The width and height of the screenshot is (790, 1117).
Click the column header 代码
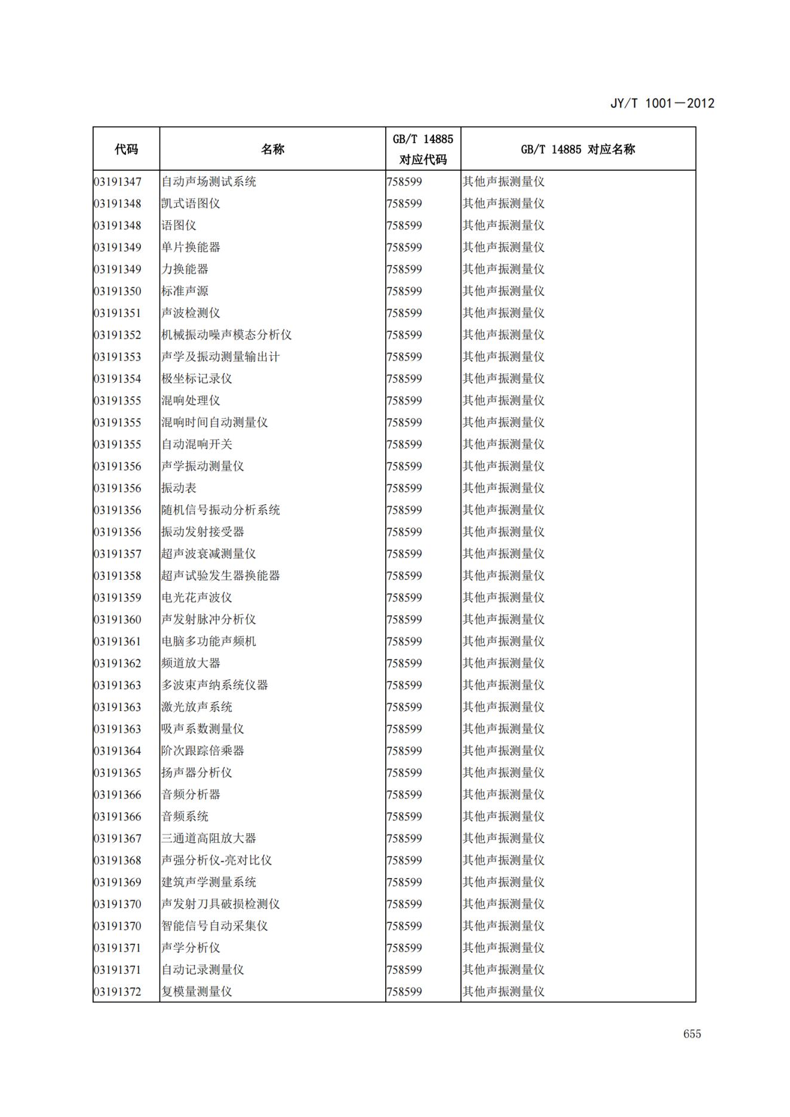tap(126, 149)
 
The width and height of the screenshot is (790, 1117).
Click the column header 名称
tap(272, 149)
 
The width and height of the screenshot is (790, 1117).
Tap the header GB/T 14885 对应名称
tap(577, 149)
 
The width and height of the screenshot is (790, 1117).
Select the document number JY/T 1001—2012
tap(662, 103)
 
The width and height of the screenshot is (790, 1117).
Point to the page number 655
tap(692, 1034)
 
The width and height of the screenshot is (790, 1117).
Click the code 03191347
tap(118, 181)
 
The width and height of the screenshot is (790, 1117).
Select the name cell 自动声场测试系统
tap(208, 181)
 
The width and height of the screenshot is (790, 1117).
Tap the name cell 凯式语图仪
tap(190, 204)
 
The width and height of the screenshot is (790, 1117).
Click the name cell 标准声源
tap(185, 291)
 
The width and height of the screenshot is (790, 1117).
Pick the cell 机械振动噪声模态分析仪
tap(226, 335)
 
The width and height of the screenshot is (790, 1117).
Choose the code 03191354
tap(118, 379)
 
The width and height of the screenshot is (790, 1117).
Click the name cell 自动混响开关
tap(196, 444)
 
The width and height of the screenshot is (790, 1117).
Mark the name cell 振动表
tap(179, 488)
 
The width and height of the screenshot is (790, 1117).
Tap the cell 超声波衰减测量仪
tap(208, 554)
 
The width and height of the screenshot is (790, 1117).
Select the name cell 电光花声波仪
tap(196, 598)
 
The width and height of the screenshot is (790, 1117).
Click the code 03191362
tap(118, 663)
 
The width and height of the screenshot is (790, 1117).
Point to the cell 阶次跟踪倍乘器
tap(202, 751)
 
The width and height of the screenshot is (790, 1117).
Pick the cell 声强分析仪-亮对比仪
tap(216, 860)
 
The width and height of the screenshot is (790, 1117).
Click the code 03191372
tap(118, 992)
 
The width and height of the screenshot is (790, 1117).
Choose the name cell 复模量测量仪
tap(196, 992)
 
